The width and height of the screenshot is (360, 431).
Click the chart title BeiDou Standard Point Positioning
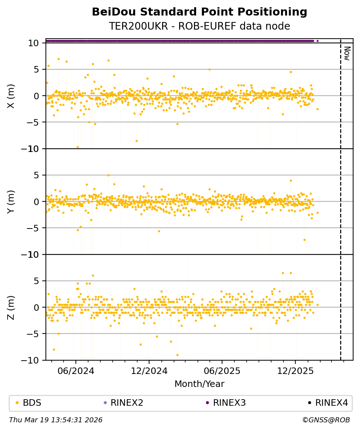199,12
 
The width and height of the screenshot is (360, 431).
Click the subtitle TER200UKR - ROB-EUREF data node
199,26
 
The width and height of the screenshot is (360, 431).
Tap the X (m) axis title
11,96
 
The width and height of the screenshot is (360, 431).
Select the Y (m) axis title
11,201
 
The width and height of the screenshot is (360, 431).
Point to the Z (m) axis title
11,307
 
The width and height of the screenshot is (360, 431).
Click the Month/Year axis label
199,384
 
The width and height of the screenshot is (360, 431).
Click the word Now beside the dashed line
347,53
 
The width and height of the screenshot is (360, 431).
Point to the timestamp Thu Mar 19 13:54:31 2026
56,420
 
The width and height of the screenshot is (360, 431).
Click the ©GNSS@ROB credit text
326,420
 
